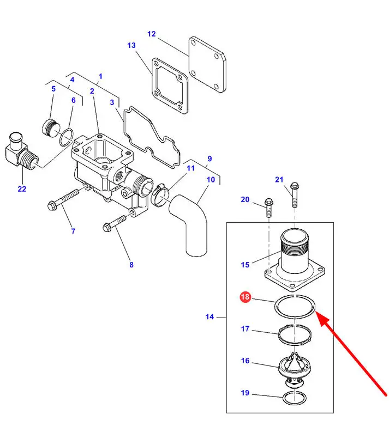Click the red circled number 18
coord(245,297)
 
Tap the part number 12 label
coord(151,34)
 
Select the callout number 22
coord(22,189)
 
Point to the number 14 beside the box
coord(210,316)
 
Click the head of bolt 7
coord(51,206)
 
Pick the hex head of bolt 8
coord(106,227)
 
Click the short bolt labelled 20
coord(269,208)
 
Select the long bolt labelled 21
coord(295,194)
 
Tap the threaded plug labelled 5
coord(51,127)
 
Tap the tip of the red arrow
coord(316,312)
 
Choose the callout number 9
coord(210,159)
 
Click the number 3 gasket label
coord(112,102)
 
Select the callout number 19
coord(245,393)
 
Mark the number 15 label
coord(245,265)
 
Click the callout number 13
coord(131,45)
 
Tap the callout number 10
coord(211,180)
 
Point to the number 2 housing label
coord(92,91)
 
